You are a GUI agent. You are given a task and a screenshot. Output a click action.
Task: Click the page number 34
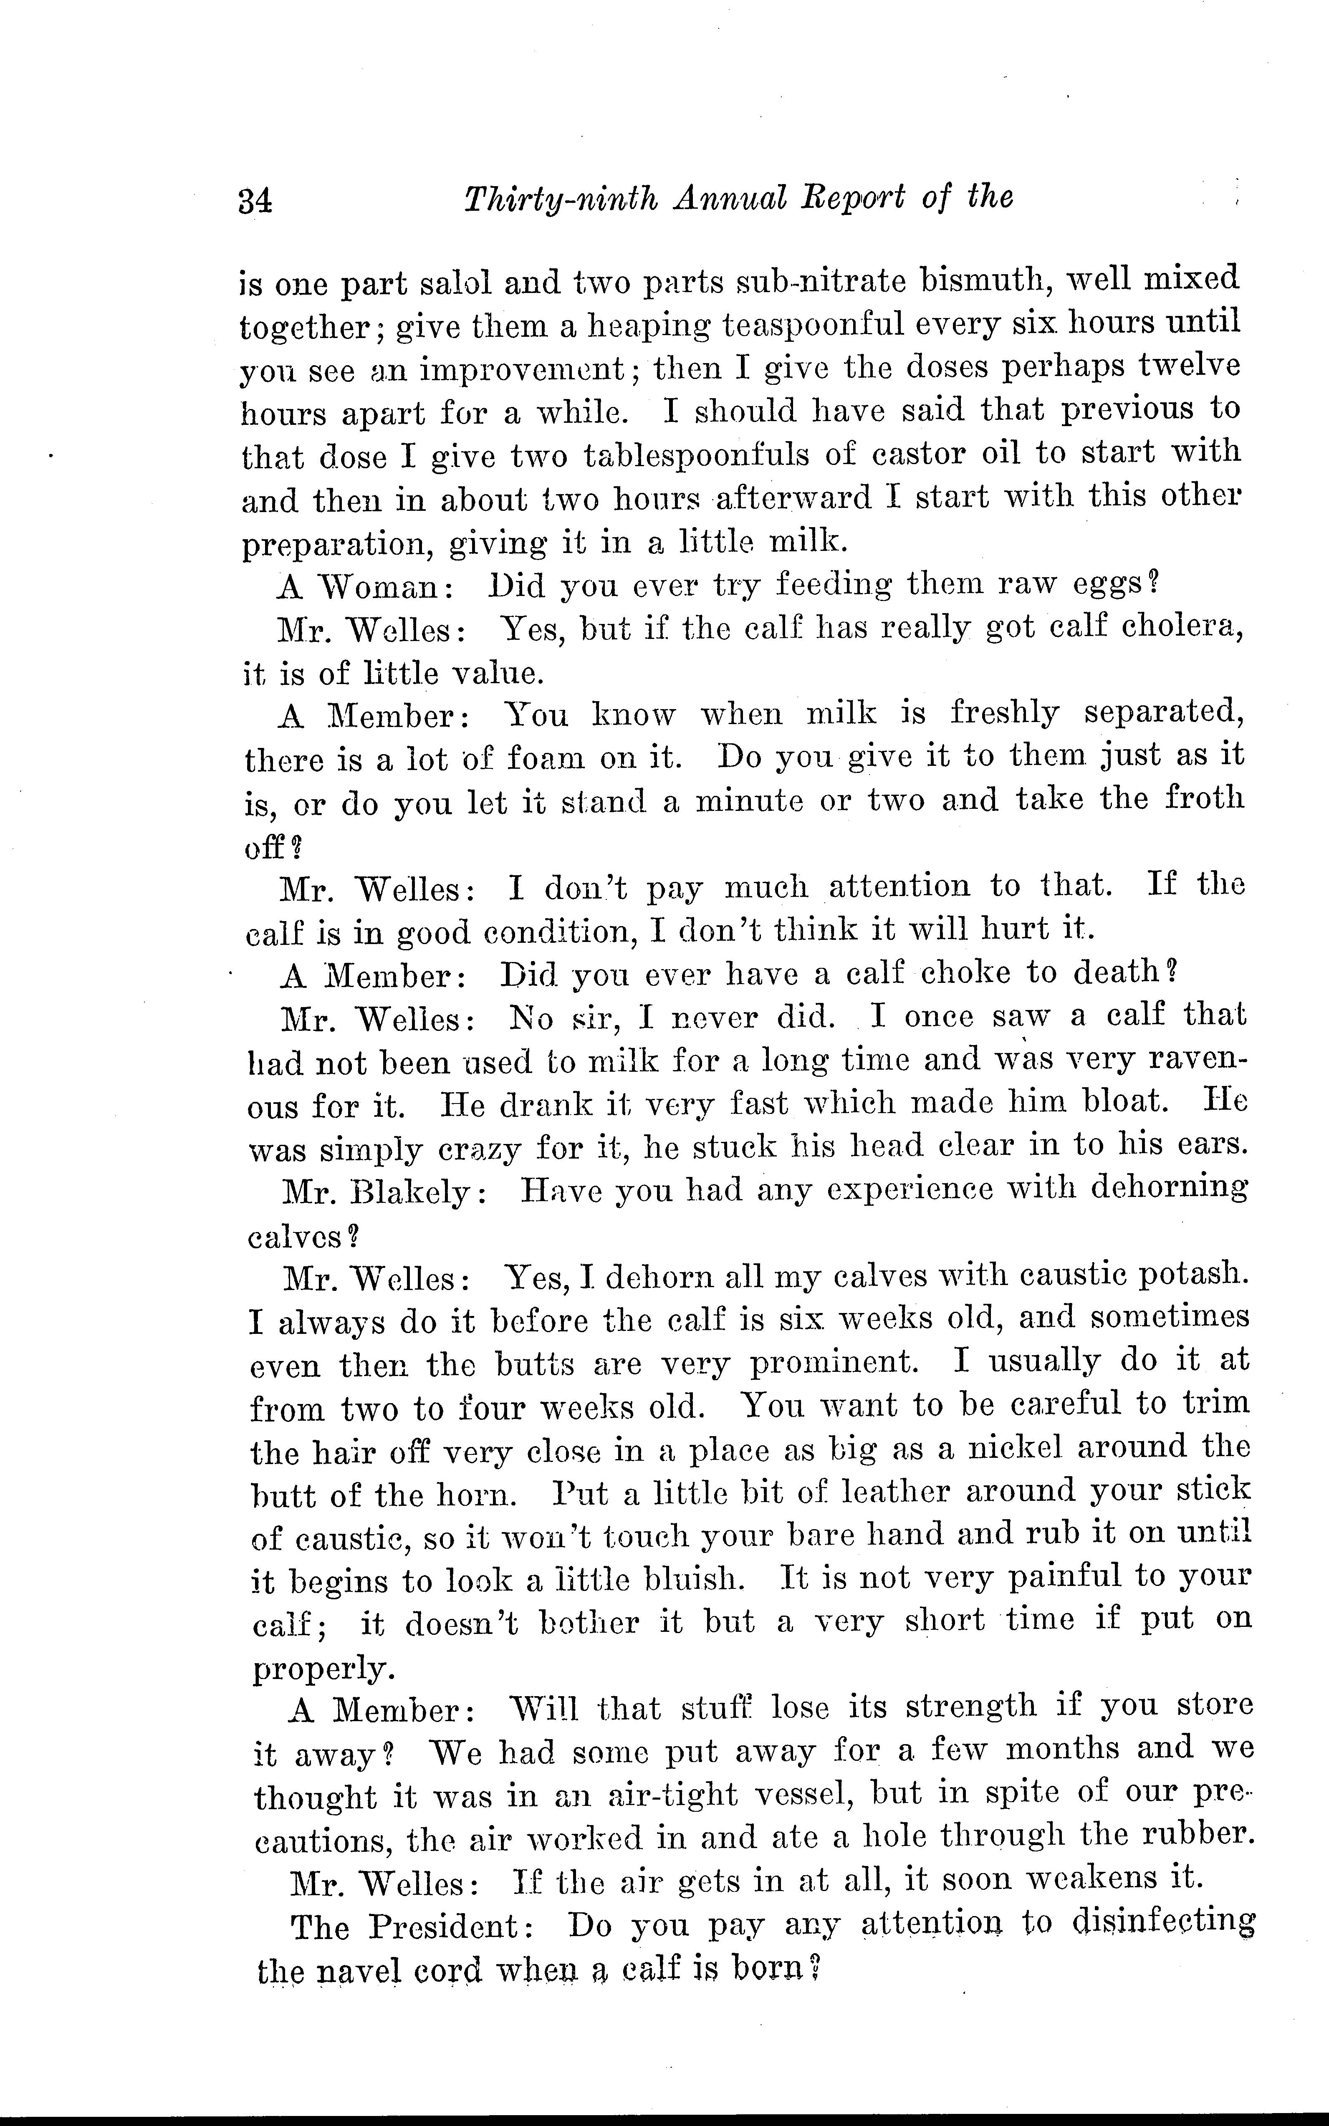tap(255, 201)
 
